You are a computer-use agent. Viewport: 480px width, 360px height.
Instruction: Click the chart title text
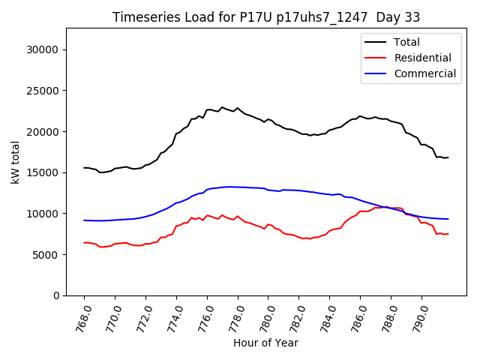[266, 17]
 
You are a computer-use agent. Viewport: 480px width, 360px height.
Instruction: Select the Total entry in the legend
[407, 42]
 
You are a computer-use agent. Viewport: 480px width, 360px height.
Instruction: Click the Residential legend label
[423, 58]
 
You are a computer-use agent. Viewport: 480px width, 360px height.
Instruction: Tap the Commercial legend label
[425, 73]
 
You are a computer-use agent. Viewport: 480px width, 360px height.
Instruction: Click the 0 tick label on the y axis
[56, 295]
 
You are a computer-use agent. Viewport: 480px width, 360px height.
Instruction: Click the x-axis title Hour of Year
[265, 343]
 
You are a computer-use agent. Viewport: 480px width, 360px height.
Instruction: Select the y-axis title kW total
[15, 162]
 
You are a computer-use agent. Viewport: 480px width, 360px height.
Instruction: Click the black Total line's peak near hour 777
[222, 107]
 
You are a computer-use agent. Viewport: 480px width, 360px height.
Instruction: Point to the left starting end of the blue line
[84, 220]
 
